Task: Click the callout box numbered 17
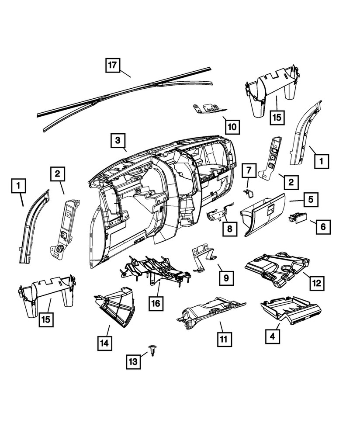point(112,66)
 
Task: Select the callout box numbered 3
point(117,141)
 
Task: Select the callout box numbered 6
point(323,227)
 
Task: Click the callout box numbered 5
point(311,200)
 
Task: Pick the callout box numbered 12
point(317,283)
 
